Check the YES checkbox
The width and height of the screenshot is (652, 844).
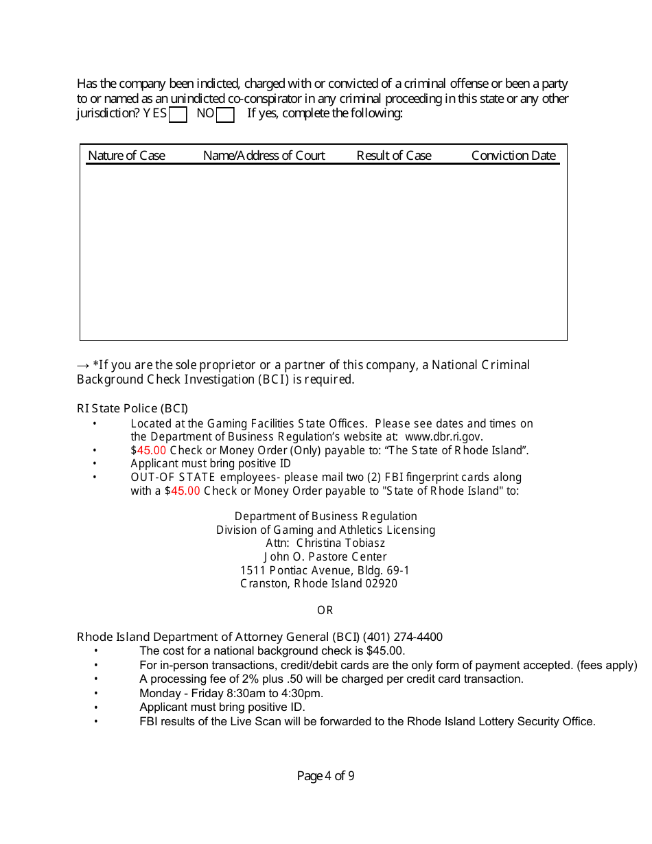click(178, 115)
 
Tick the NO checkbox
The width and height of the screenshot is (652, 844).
click(225, 115)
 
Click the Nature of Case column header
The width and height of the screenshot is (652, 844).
click(126, 156)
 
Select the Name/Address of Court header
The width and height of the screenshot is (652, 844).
click(264, 156)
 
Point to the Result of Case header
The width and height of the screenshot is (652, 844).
click(394, 156)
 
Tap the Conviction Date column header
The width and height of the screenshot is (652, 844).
click(513, 156)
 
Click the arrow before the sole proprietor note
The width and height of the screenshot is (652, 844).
click(83, 366)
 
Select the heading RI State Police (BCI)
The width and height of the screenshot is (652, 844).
click(132, 409)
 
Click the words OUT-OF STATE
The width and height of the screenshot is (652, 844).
click(173, 478)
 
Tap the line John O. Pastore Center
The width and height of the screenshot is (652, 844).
click(325, 557)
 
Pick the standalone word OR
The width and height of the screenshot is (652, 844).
click(325, 611)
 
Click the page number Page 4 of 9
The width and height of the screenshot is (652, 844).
click(325, 776)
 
